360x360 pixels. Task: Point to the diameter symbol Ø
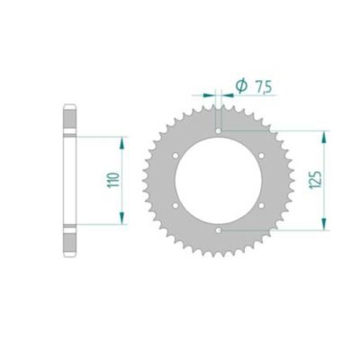coord(240,85)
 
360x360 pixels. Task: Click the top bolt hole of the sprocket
coord(219,130)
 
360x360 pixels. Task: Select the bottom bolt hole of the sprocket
coord(219,230)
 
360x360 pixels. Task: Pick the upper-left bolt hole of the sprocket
coord(175,156)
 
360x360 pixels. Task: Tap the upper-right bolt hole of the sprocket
coord(262,156)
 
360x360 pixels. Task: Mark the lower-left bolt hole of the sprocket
coord(175,205)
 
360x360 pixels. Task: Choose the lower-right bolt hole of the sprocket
coord(262,205)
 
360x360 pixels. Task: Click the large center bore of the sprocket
coord(219,180)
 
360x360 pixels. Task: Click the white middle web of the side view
coord(68,180)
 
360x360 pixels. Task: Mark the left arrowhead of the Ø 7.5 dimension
coord(213,93)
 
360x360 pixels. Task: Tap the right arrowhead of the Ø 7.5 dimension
coord(225,93)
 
